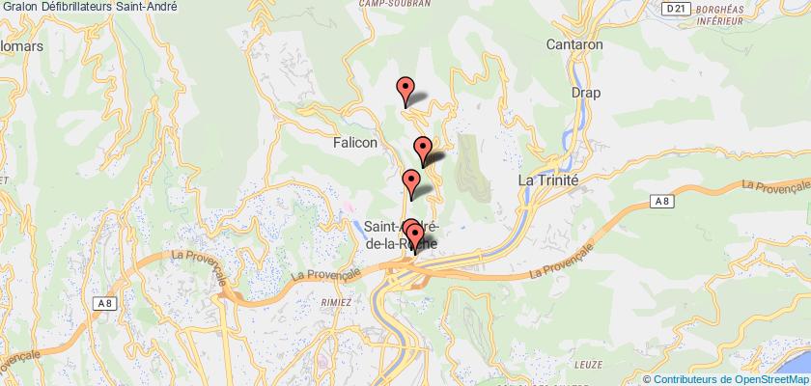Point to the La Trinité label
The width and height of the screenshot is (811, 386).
coord(548,180)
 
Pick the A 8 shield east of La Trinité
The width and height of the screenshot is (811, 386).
coord(657,200)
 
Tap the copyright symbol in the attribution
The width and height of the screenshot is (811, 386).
coord(648,378)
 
